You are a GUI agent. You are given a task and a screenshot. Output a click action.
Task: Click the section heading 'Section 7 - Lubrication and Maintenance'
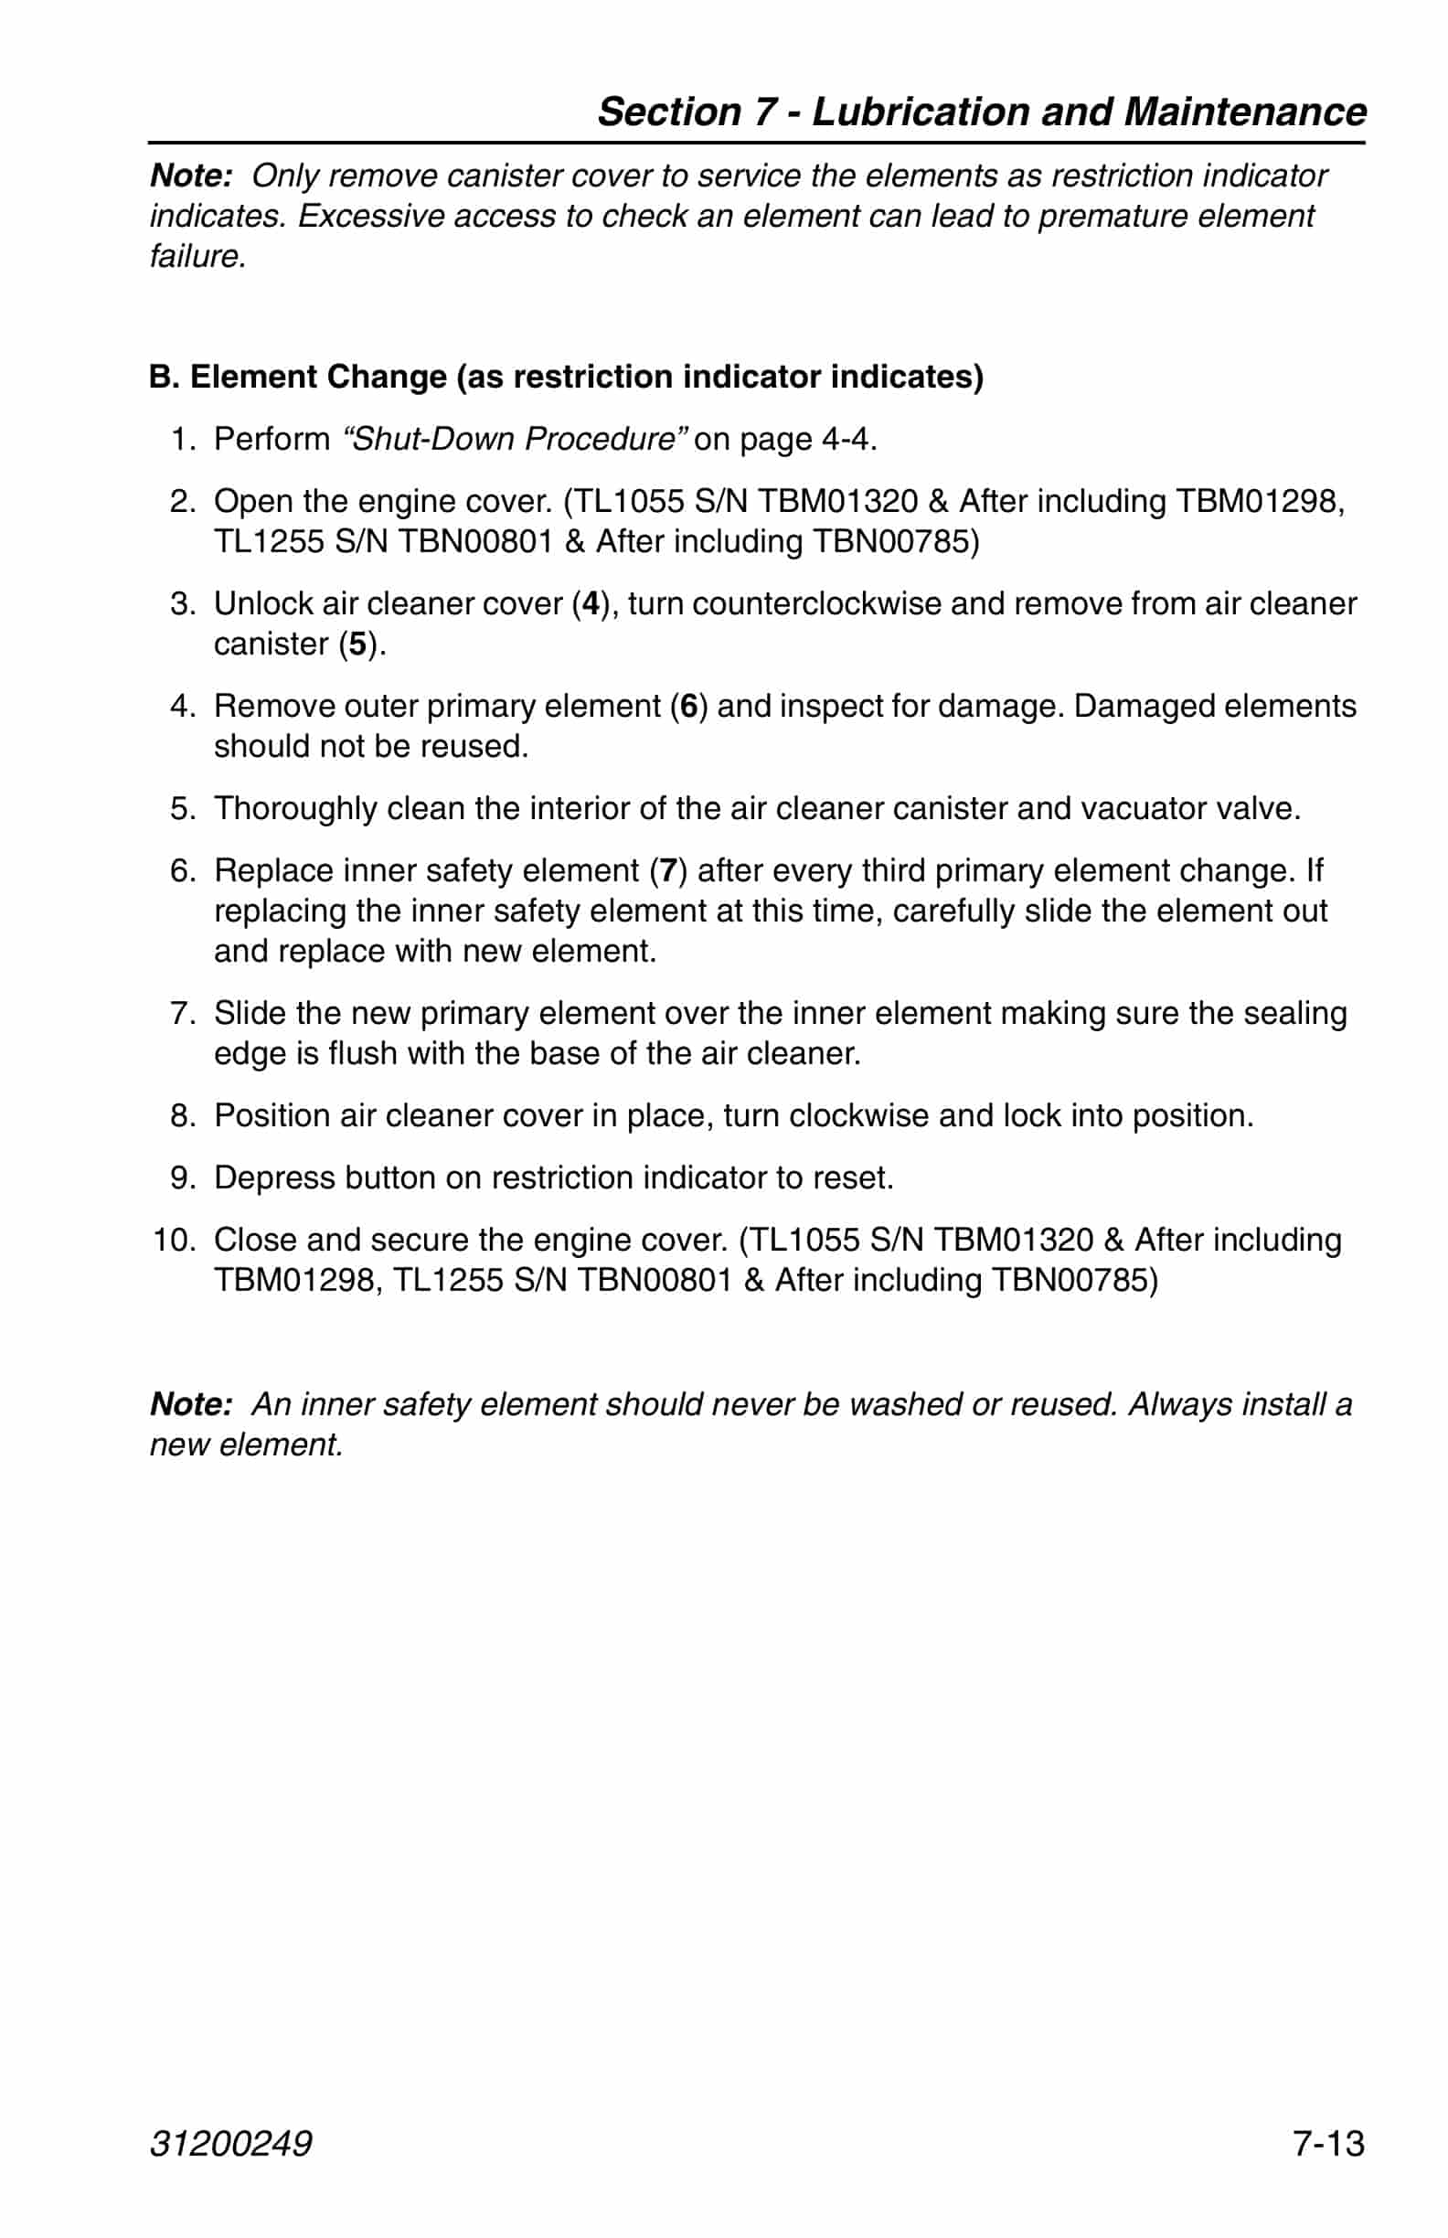click(982, 111)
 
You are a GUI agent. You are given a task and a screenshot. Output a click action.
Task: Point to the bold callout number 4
click(591, 602)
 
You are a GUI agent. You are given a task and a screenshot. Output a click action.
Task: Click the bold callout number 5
click(357, 644)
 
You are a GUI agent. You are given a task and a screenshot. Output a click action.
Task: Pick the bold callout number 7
click(668, 869)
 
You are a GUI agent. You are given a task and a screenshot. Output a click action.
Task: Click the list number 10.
click(174, 1240)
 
